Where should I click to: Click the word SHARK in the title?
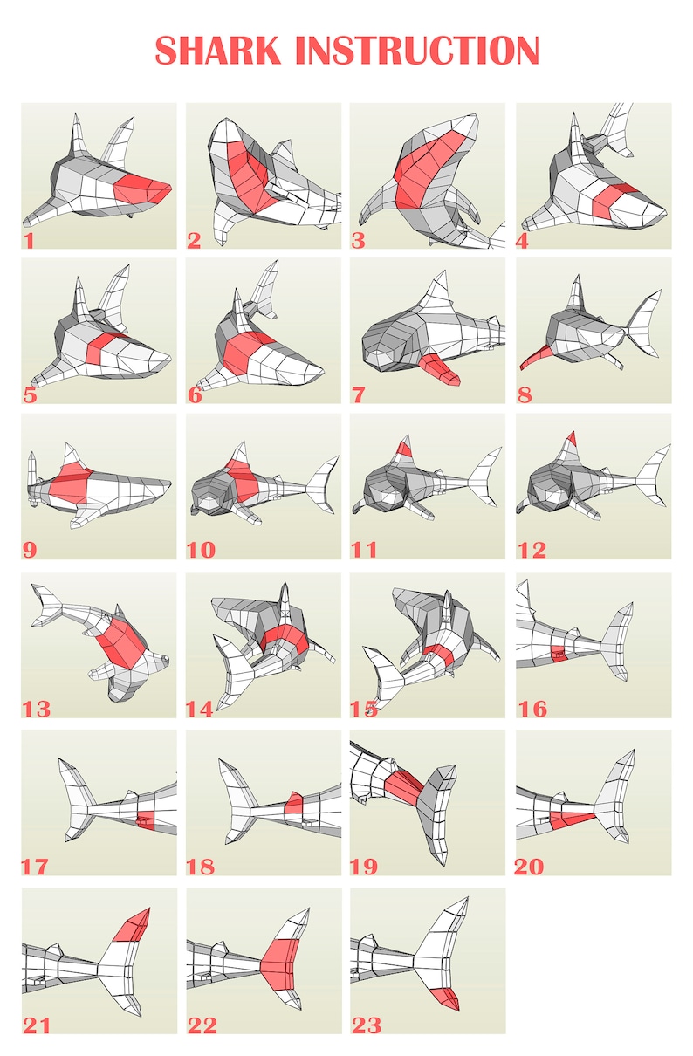pos(221,51)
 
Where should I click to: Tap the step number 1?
pos(29,239)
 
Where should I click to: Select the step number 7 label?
pos(358,394)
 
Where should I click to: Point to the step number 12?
pos(532,550)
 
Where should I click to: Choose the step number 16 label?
pos(532,708)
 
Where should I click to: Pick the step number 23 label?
pos(367,1024)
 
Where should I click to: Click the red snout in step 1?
pos(141,187)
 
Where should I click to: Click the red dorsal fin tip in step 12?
pos(570,438)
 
